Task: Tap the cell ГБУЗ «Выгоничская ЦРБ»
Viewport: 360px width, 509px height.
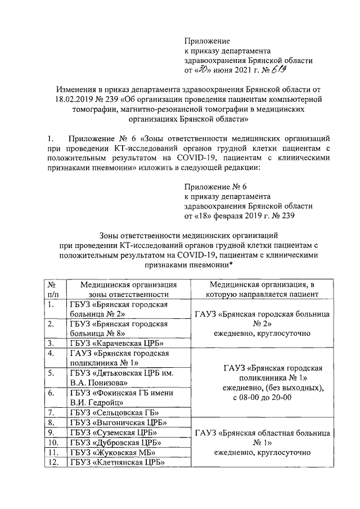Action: coord(112,422)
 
